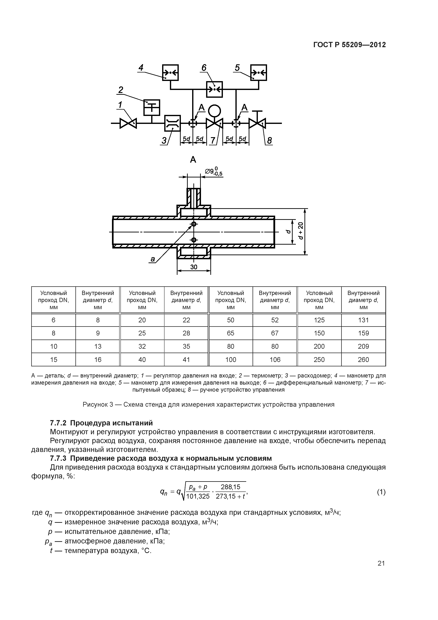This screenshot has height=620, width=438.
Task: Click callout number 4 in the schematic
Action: [141, 68]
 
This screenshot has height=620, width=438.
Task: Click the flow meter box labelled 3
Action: [172, 123]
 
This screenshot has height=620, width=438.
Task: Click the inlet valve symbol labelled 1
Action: [128, 123]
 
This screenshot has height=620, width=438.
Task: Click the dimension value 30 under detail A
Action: [194, 267]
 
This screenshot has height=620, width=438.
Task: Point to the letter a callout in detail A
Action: [153, 259]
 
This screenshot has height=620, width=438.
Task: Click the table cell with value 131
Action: [363, 320]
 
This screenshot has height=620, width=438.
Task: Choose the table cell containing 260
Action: [363, 360]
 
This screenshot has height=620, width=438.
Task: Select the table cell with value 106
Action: [275, 360]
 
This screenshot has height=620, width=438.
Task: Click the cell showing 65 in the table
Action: [230, 333]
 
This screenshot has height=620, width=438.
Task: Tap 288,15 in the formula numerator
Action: [230, 487]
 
